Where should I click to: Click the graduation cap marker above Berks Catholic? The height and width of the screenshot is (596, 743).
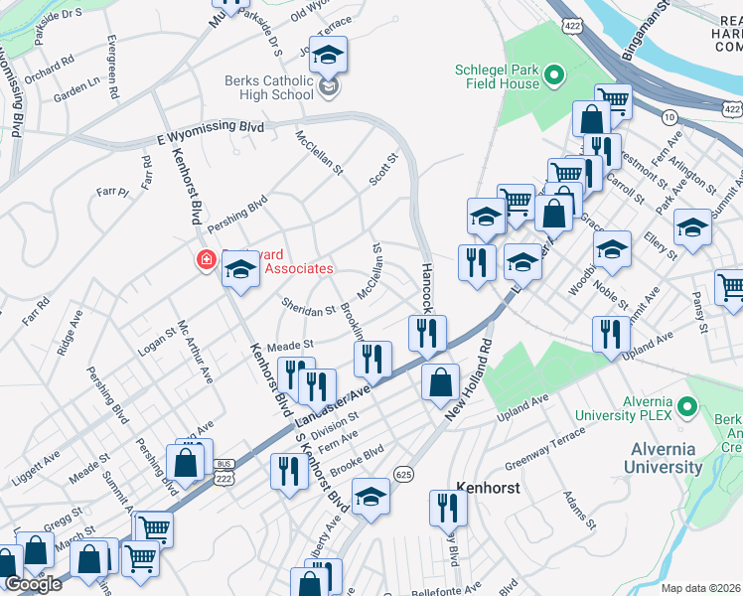(329, 57)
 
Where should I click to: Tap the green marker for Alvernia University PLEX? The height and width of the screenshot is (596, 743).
(693, 406)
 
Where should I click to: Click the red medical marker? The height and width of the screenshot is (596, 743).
(207, 261)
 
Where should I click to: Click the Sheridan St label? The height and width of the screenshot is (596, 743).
(308, 310)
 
